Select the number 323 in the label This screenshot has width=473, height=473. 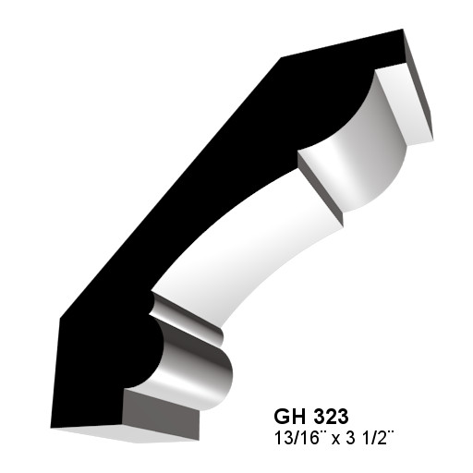pos(334,416)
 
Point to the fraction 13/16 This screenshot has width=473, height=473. pos(297,438)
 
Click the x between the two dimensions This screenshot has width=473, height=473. pos(336,441)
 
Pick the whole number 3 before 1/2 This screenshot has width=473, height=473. pos(350,438)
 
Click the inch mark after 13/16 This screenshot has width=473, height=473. pos(322,431)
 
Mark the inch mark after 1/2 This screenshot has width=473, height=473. pos(391,431)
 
